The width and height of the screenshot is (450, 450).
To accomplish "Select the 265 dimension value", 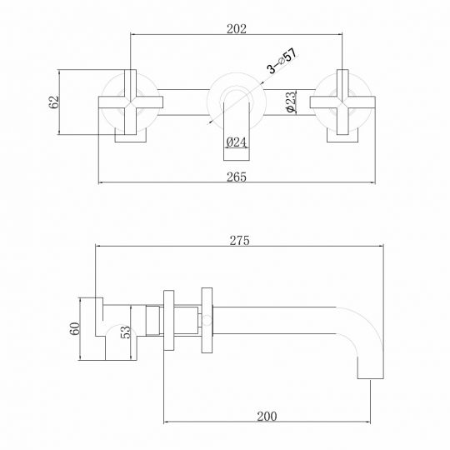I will point(237,172).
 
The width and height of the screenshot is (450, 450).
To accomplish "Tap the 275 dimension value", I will point(242,239).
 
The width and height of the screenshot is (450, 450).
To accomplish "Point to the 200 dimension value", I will point(266,414).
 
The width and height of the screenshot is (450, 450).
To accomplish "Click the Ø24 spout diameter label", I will point(236,142).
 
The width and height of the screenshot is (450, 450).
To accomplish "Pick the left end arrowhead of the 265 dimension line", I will point(101,181).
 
